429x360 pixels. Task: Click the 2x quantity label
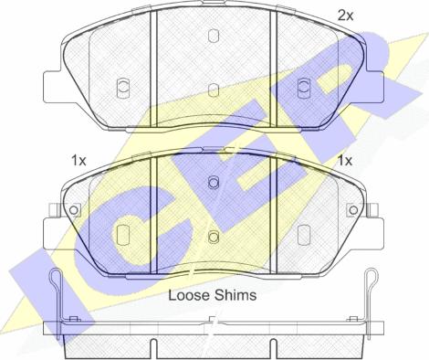[x=345, y=16]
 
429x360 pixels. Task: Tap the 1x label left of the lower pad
[x=78, y=160]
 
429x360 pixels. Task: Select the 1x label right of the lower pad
[x=345, y=160]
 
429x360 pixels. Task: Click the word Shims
[x=235, y=295]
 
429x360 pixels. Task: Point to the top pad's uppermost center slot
[x=214, y=36]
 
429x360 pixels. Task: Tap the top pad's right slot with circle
[x=304, y=87]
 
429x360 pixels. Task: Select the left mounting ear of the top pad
[x=52, y=87]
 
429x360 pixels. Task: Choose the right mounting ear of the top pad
[x=375, y=87]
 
